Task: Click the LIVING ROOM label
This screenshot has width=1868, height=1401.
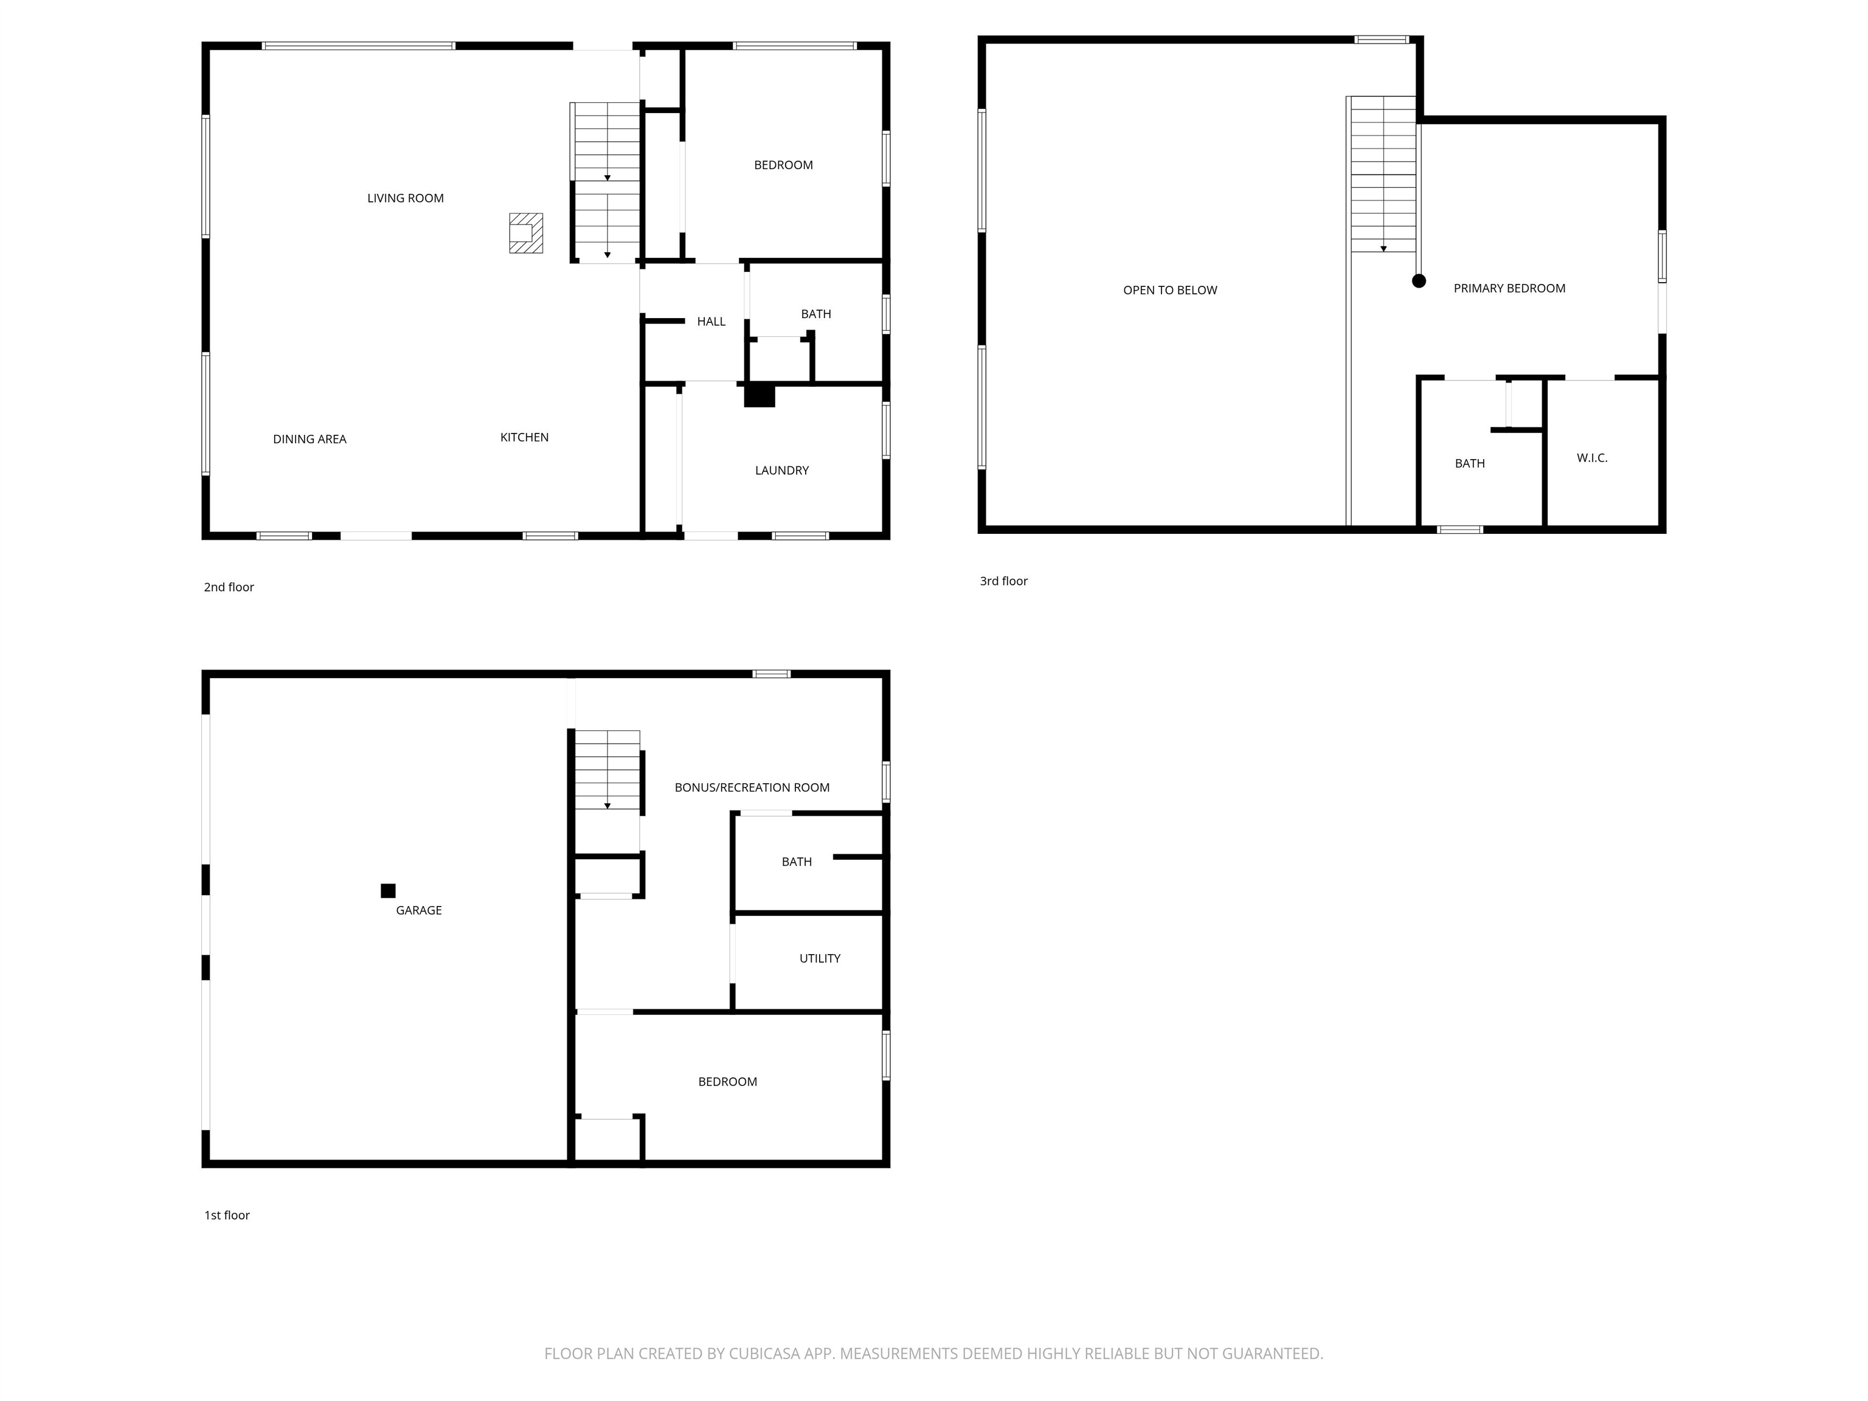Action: (406, 198)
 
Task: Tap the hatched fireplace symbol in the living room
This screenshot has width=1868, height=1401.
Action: (525, 233)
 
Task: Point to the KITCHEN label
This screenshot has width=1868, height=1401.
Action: (524, 437)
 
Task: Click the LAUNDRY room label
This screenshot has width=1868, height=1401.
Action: (781, 471)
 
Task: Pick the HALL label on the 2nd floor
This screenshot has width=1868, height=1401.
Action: (711, 322)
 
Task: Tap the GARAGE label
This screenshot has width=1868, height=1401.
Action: (419, 910)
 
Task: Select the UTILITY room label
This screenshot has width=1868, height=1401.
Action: (819, 958)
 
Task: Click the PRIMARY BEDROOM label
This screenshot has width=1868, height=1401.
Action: (1509, 289)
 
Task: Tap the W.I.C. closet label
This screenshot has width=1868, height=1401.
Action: (1592, 458)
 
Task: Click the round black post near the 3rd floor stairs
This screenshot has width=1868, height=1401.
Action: (1419, 281)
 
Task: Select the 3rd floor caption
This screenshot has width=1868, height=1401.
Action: (1003, 581)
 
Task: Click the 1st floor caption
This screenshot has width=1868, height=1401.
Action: (226, 1215)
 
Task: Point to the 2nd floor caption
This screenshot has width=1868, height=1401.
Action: (228, 587)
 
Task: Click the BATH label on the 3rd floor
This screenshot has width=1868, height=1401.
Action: (1469, 463)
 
